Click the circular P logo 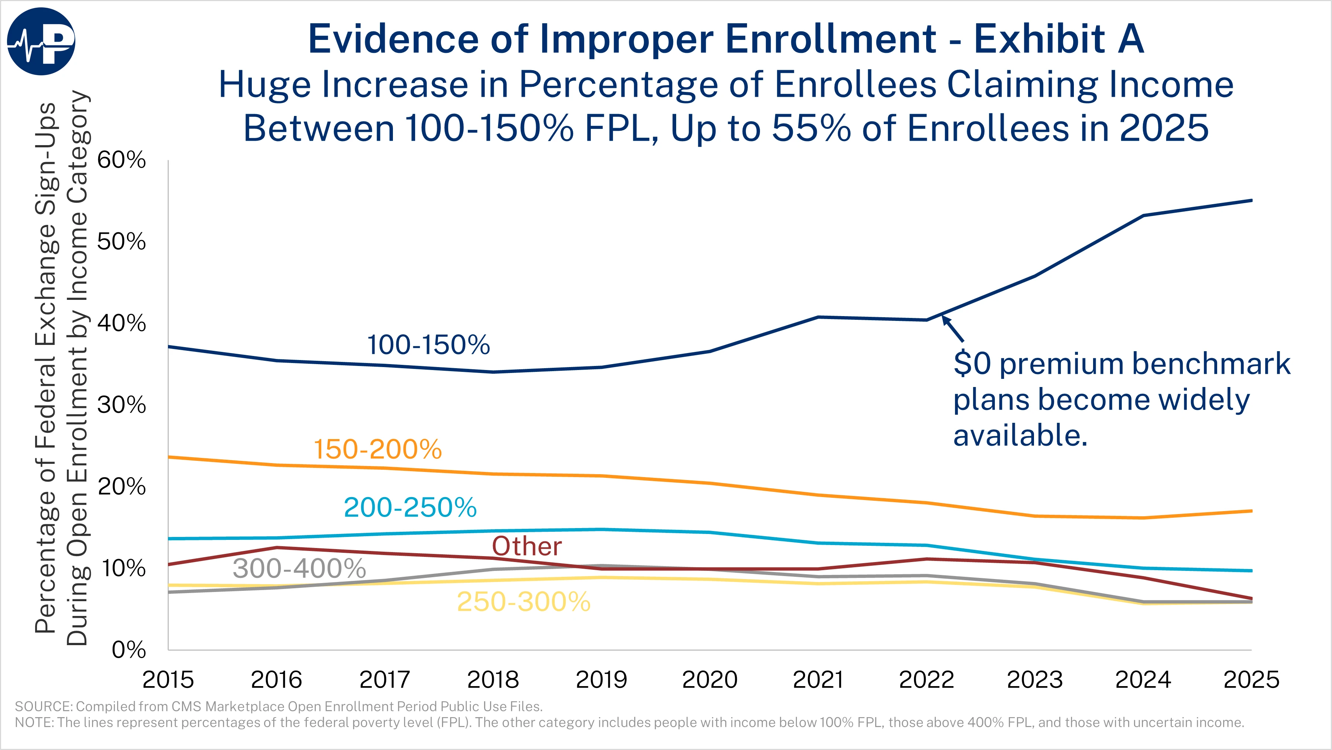[41, 41]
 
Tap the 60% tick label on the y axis [121, 160]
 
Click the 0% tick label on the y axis [128, 650]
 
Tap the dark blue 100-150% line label [428, 345]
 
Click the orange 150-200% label [377, 449]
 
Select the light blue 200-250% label [410, 507]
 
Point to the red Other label [526, 546]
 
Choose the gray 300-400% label [299, 568]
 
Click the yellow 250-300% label [523, 602]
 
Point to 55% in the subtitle [811, 128]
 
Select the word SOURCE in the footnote [44, 706]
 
